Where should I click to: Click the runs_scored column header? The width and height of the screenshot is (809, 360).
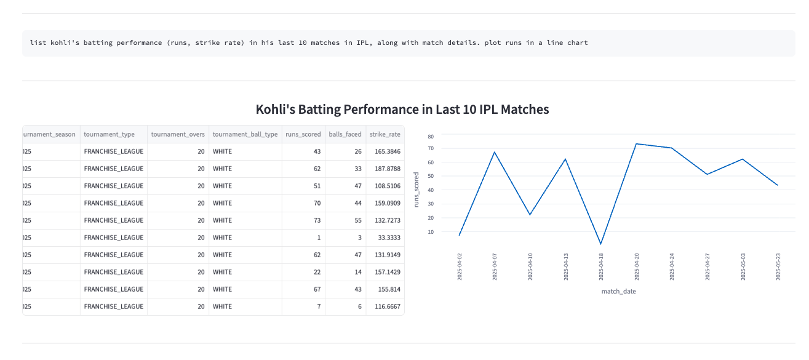coord(303,134)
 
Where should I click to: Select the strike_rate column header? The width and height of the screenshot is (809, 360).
coord(385,134)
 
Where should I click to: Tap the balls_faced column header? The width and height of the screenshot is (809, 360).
coord(345,134)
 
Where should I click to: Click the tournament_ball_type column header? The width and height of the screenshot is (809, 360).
coord(245,134)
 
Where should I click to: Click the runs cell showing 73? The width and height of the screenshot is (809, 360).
coord(317,220)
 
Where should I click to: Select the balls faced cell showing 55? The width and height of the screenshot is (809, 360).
coord(357,220)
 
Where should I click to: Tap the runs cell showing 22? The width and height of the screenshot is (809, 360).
coord(317,272)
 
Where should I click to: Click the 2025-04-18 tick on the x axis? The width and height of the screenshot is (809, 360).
coord(601,266)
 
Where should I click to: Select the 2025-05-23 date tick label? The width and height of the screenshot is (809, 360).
coord(778,266)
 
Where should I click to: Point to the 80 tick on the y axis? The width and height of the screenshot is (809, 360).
coord(431,136)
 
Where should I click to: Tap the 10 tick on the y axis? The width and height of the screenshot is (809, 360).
coord(431,232)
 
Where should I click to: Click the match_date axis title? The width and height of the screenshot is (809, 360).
coord(618,292)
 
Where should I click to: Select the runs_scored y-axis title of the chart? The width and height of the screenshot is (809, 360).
coord(416,189)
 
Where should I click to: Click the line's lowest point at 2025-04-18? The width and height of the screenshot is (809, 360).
coord(600,244)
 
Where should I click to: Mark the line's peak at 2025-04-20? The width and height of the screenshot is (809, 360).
coord(636,144)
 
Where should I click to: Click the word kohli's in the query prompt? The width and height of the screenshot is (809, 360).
coord(62,43)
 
